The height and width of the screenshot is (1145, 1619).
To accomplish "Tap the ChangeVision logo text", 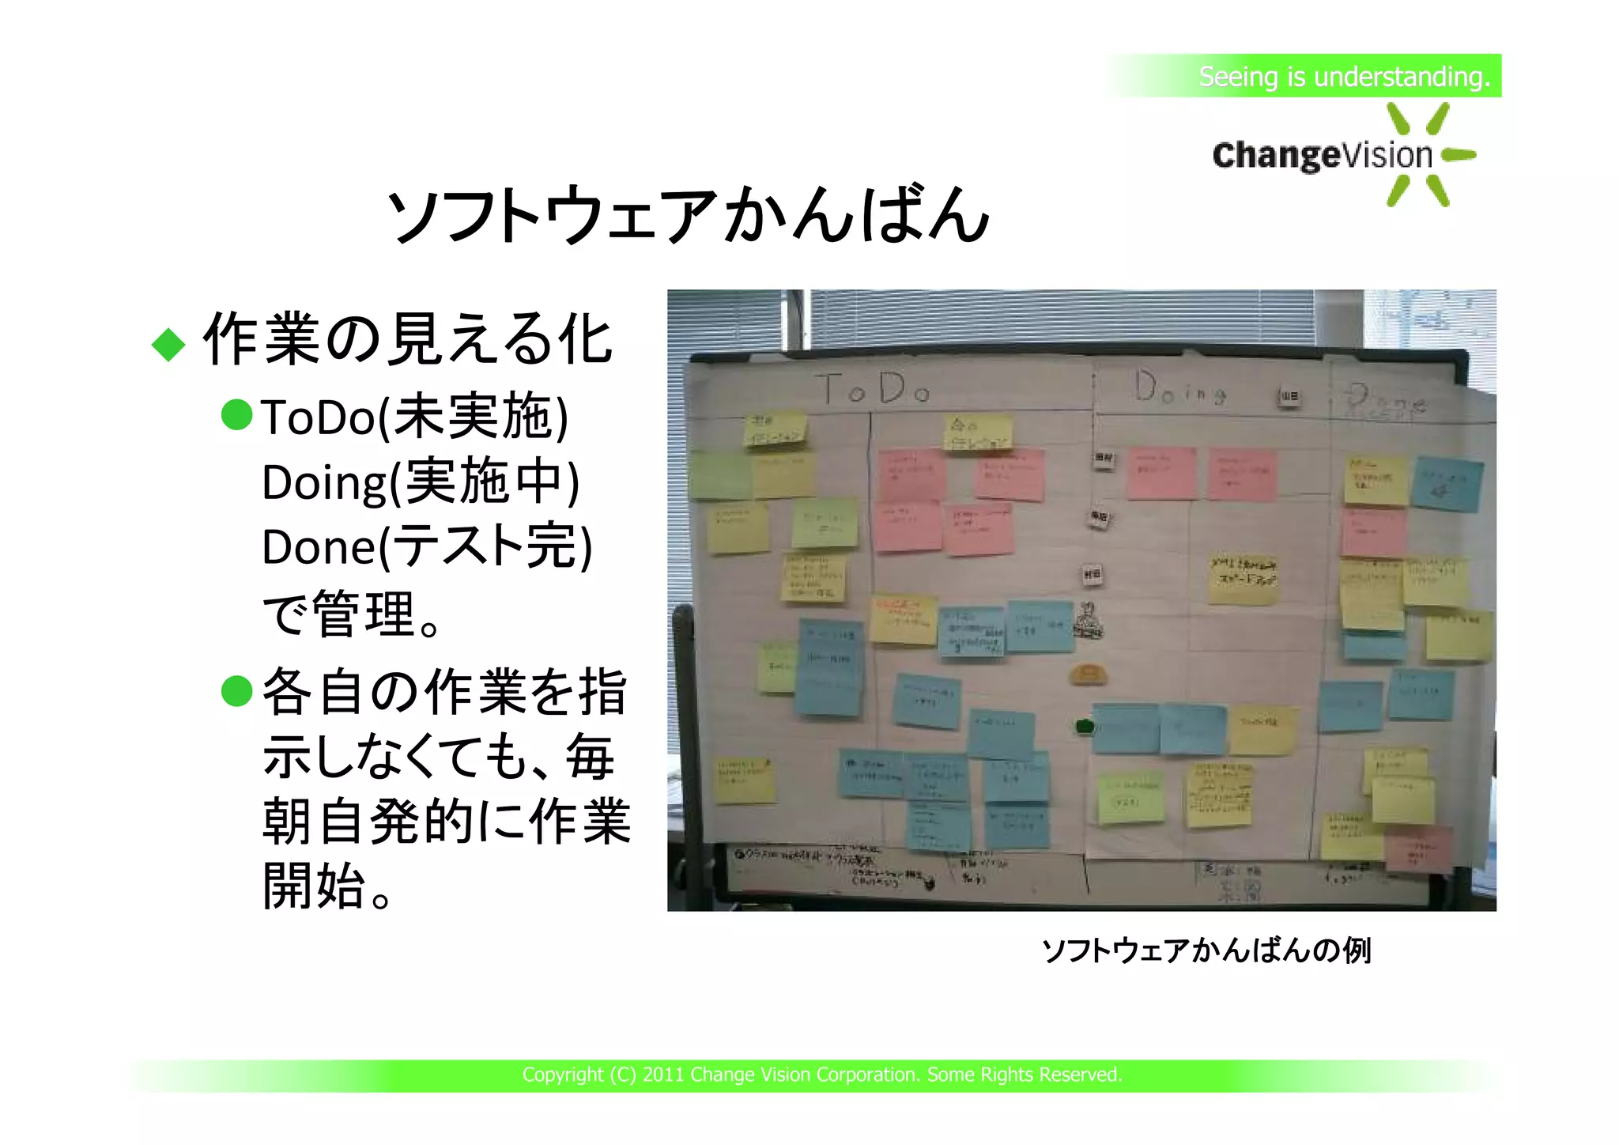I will coord(1322,156).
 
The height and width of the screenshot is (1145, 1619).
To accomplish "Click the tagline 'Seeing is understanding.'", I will coord(1343,77).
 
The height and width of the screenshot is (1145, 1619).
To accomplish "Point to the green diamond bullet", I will coord(168,345).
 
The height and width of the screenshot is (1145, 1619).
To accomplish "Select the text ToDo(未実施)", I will coord(414,417).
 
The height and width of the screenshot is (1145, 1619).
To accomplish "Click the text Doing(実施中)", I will coord(421,482).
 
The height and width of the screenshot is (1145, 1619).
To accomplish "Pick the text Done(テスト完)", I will coord(427,546).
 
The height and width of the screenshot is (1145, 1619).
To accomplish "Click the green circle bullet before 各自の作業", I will coord(237,690).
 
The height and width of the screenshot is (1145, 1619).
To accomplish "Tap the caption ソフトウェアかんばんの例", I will coord(1206,950).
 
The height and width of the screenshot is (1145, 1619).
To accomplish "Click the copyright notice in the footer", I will coord(822,1075).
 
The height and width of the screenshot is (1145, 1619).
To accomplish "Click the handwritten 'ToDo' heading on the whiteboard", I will coord(873,389).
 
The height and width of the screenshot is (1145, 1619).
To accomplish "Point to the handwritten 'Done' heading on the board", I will coord(1387,399).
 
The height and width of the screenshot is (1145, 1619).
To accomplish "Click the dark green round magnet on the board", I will coord(1085,726).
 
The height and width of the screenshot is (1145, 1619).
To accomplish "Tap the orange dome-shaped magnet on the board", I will coord(1088,675).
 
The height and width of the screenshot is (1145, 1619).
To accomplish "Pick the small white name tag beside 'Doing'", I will coord(1289,396).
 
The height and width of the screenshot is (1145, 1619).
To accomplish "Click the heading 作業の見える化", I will coord(407,340).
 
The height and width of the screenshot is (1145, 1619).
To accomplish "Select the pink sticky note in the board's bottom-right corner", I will coord(1419,848).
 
